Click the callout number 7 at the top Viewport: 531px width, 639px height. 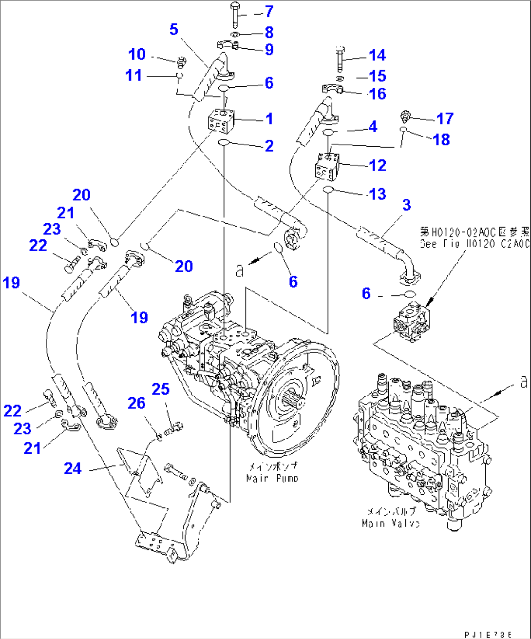[268, 11]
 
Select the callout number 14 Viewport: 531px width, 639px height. [377, 55]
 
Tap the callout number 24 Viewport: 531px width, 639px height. [73, 468]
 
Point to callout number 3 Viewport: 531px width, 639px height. [406, 205]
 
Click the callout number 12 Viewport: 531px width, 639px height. [378, 165]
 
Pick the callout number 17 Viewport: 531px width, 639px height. [445, 118]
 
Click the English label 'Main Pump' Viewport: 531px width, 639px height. [272, 478]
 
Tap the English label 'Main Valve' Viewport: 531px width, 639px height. [391, 523]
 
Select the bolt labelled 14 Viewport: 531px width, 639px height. [340, 58]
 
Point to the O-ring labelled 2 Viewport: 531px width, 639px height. [224, 142]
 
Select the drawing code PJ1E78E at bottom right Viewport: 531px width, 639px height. [488, 635]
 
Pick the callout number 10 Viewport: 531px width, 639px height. [137, 54]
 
